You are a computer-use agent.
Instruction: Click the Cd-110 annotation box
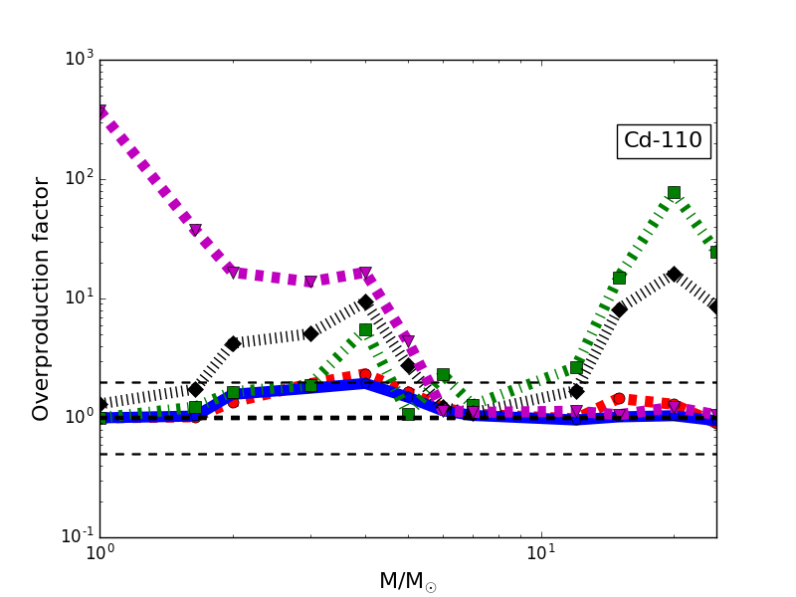click(664, 141)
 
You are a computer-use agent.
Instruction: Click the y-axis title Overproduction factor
click(42, 298)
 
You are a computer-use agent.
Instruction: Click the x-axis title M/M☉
click(408, 581)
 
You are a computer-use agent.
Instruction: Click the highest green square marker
click(674, 193)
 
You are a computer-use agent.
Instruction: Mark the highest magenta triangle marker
click(99, 111)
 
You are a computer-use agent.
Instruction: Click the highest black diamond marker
click(674, 274)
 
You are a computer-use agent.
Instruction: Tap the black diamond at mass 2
click(233, 343)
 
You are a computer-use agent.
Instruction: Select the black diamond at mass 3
click(310, 333)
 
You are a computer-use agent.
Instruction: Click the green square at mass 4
click(365, 329)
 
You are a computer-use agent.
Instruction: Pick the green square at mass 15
click(619, 278)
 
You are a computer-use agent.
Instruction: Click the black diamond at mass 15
click(619, 309)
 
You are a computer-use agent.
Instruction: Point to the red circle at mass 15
click(619, 399)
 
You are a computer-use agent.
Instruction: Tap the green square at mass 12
click(576, 367)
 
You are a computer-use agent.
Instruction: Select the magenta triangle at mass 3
click(310, 283)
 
